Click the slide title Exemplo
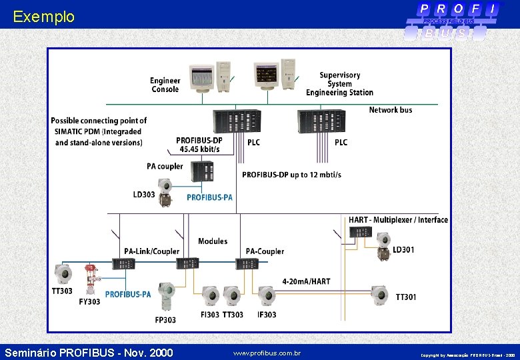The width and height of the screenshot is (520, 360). [x=44, y=17]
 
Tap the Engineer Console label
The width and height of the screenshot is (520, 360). [x=165, y=85]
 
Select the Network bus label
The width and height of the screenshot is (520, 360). [x=391, y=110]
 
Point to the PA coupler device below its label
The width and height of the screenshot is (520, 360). [x=203, y=172]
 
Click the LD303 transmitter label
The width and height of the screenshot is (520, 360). [x=144, y=195]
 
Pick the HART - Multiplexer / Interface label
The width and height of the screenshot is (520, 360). [x=398, y=220]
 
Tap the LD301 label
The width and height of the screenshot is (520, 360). [x=403, y=250]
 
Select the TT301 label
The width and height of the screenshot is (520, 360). [x=406, y=297]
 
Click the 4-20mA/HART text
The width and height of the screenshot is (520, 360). [x=306, y=282]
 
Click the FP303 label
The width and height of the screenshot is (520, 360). [x=165, y=320]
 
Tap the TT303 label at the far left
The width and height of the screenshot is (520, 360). [x=63, y=291]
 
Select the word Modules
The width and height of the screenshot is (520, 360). [x=213, y=241]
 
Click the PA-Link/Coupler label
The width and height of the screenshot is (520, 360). [x=151, y=251]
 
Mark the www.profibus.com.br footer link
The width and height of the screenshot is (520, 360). [x=267, y=353]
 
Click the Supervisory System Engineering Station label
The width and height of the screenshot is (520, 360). [x=339, y=84]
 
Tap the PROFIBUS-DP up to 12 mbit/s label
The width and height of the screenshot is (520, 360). [x=291, y=175]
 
